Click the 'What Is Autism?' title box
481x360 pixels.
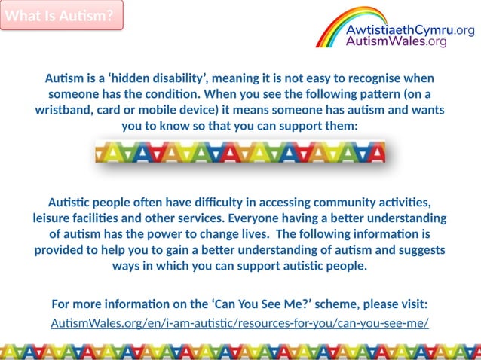click(x=62, y=16)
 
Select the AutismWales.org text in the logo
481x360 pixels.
click(x=396, y=42)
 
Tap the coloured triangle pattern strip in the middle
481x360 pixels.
click(x=240, y=153)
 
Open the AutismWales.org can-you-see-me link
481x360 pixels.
click(x=240, y=323)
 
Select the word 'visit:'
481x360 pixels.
click(x=412, y=304)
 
